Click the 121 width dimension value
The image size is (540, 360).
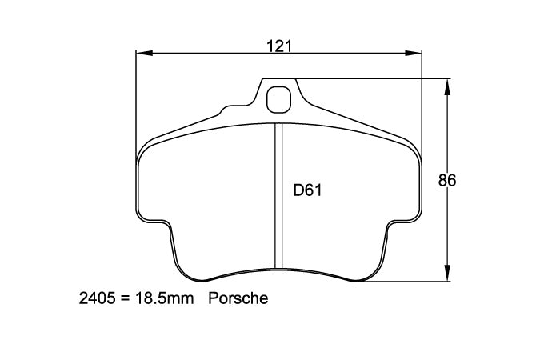278,46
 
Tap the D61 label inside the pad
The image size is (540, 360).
307,190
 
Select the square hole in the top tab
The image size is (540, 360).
278,99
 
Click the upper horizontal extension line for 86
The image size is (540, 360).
376,78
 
